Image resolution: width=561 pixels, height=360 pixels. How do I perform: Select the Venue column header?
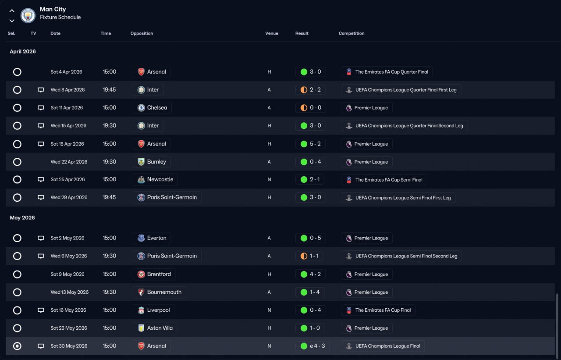[x=271, y=33]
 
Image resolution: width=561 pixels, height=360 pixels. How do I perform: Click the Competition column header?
[x=351, y=33]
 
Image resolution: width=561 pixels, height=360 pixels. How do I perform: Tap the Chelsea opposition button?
[x=152, y=108]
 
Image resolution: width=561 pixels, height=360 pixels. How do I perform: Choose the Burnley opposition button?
[x=152, y=162]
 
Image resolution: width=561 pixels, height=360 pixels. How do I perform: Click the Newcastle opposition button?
[x=155, y=179]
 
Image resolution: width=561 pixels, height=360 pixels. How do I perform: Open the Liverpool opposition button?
[x=153, y=310]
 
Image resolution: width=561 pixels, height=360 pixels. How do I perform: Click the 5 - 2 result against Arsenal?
[x=310, y=144]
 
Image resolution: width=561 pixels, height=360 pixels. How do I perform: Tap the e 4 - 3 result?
[x=312, y=346]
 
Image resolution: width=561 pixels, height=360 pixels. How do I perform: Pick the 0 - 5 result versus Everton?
[x=310, y=238]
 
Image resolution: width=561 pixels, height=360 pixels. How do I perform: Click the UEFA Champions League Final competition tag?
[x=383, y=346]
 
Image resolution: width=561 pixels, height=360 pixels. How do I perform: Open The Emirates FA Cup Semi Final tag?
[x=384, y=179]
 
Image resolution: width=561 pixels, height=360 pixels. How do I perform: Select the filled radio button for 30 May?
[x=17, y=346]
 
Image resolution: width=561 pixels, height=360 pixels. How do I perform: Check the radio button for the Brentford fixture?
[x=17, y=274]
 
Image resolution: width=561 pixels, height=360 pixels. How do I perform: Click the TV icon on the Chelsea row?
[x=41, y=108]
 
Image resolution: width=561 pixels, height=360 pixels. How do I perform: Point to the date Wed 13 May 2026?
[x=69, y=292]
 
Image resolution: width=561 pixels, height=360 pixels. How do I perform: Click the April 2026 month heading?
[x=23, y=52]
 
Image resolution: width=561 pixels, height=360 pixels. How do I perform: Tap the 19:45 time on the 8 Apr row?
[x=109, y=90]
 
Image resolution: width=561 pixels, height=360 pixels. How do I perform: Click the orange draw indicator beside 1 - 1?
[x=304, y=256]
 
